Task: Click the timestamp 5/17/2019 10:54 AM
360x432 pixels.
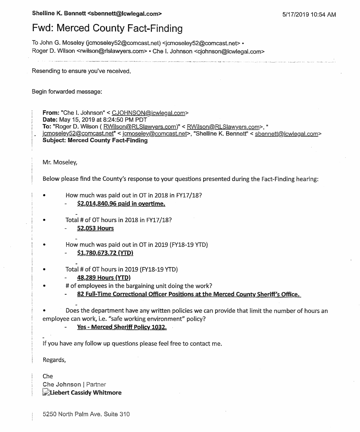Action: click(309, 14)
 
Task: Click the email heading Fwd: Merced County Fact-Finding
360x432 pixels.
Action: click(107, 29)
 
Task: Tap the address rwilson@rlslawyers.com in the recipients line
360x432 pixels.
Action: click(112, 51)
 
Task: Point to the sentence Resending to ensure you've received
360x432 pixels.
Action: click(81, 71)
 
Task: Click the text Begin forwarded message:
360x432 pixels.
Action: click(67, 91)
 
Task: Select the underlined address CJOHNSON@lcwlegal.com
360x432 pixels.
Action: click(149, 113)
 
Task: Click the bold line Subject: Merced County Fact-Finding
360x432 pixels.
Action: click(95, 140)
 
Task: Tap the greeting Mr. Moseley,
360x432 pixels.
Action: click(60, 162)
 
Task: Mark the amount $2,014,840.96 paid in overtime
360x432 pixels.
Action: click(121, 204)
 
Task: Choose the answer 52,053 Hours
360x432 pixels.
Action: click(95, 228)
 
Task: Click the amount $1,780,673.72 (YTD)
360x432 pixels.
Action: click(105, 253)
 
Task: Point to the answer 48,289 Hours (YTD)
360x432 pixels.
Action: click(104, 278)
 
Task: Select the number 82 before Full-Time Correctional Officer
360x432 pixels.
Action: click(81, 294)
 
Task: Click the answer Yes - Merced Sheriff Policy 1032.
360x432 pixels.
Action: click(122, 327)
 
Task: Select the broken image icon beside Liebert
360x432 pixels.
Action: click(46, 393)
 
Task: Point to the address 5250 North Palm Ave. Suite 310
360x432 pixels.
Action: click(86, 414)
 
